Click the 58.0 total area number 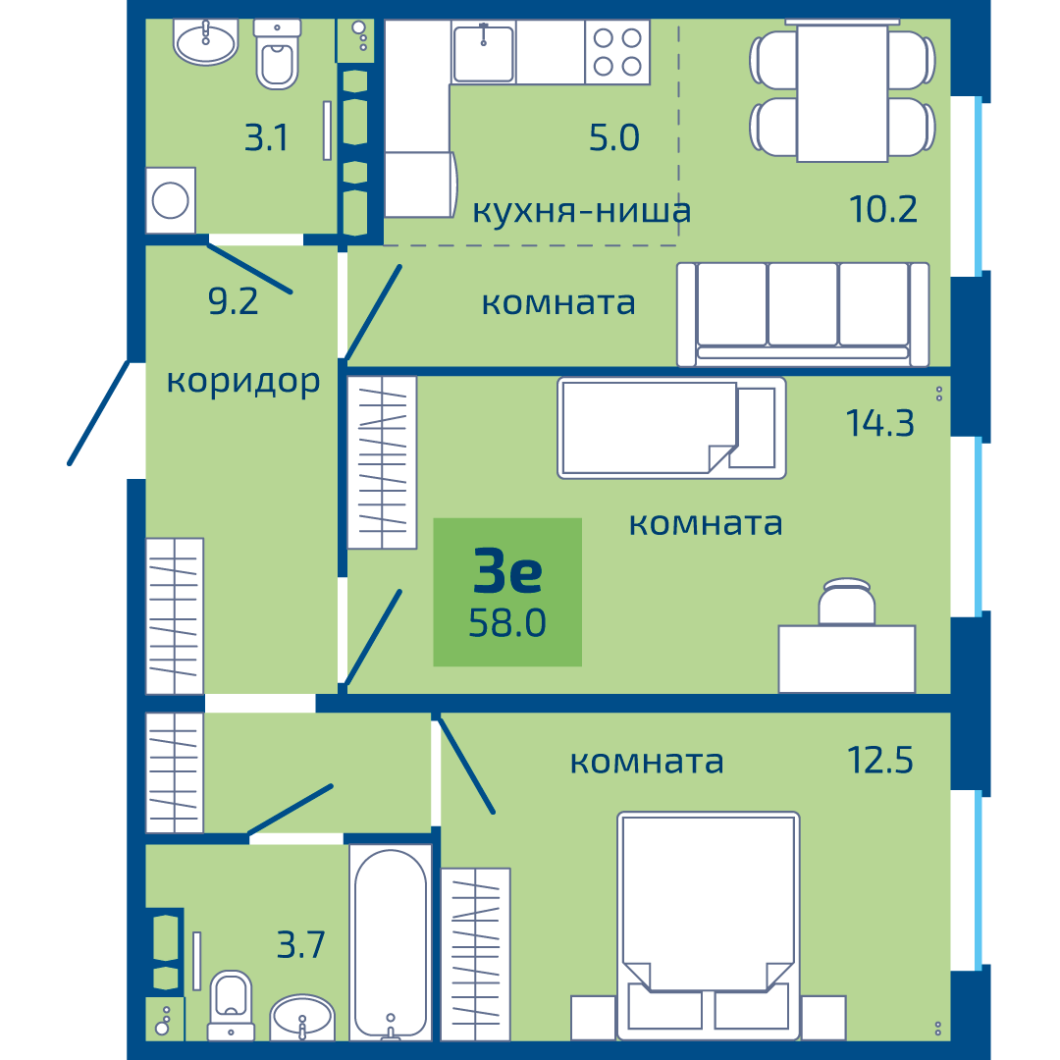coord(507,622)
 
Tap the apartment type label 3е coord(507,571)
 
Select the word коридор coord(243,383)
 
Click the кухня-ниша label coord(581,210)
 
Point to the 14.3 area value coord(879,423)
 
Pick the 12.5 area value coord(879,760)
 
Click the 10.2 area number coord(883,209)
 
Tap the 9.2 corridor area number coord(234,301)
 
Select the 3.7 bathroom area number coord(301,944)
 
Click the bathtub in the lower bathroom coord(391,942)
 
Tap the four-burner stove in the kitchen coord(617,52)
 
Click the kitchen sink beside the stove coord(483,52)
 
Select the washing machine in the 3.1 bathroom coord(171,200)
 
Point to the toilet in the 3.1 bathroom coord(277,55)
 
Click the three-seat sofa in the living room coord(803,314)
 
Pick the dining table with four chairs coord(842,91)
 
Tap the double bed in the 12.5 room coord(709,927)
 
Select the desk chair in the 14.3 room coord(846,601)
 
